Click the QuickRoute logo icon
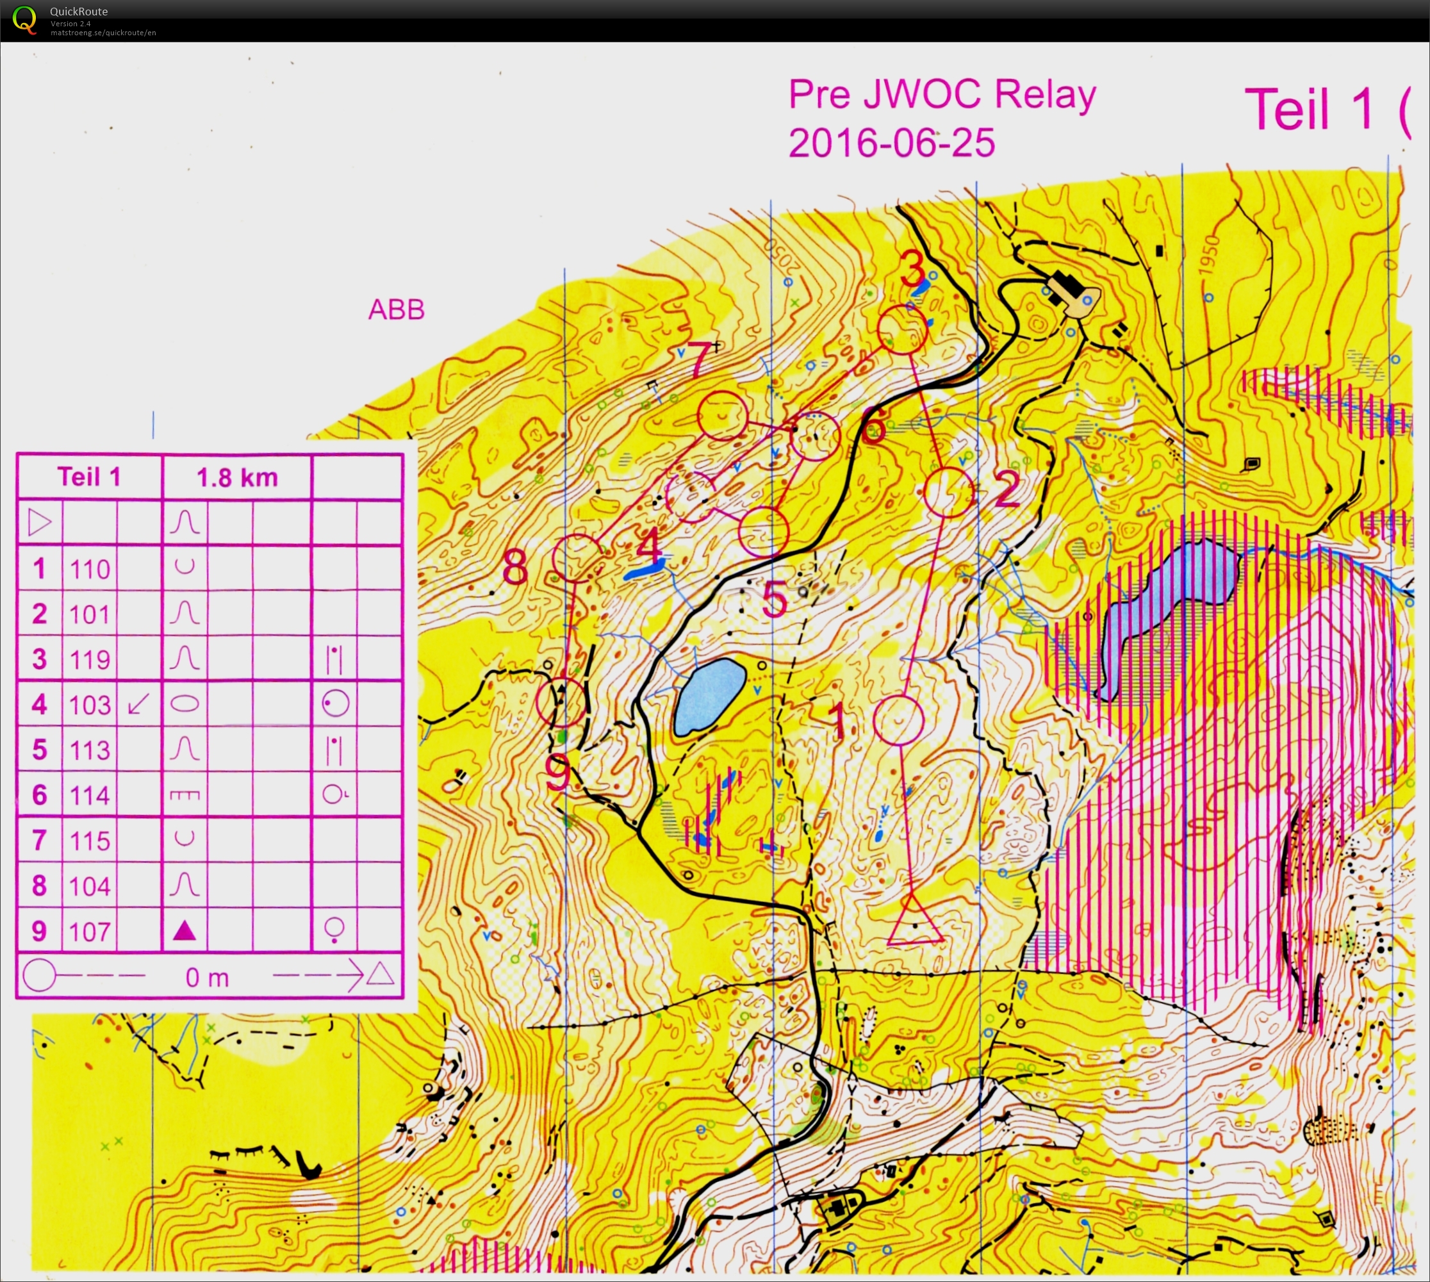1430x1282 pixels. point(24,19)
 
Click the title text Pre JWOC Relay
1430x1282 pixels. point(941,94)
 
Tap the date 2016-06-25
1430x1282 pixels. point(891,143)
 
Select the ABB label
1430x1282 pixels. point(397,310)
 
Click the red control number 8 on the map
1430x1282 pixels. point(515,567)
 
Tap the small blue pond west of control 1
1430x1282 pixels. point(709,696)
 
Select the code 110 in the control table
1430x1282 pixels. point(90,568)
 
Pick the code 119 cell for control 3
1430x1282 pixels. point(90,659)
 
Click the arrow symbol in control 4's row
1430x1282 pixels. point(139,703)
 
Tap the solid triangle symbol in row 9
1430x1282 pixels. point(185,930)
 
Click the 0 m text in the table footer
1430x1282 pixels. point(207,977)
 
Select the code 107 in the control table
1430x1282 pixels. point(90,931)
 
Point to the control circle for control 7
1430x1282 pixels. point(722,416)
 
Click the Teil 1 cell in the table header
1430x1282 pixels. point(90,477)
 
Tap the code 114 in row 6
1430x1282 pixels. point(90,795)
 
